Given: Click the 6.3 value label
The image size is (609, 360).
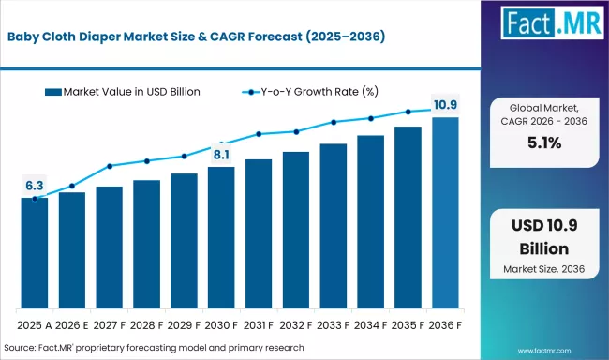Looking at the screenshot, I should coord(35,184).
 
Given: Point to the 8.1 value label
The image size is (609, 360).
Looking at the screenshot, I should coord(221,154).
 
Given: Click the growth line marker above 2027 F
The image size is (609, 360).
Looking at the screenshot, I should coord(110,167).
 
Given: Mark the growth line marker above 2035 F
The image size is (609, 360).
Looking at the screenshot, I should coord(408,112).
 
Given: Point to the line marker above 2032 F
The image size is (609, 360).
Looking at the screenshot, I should coord(296,131).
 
